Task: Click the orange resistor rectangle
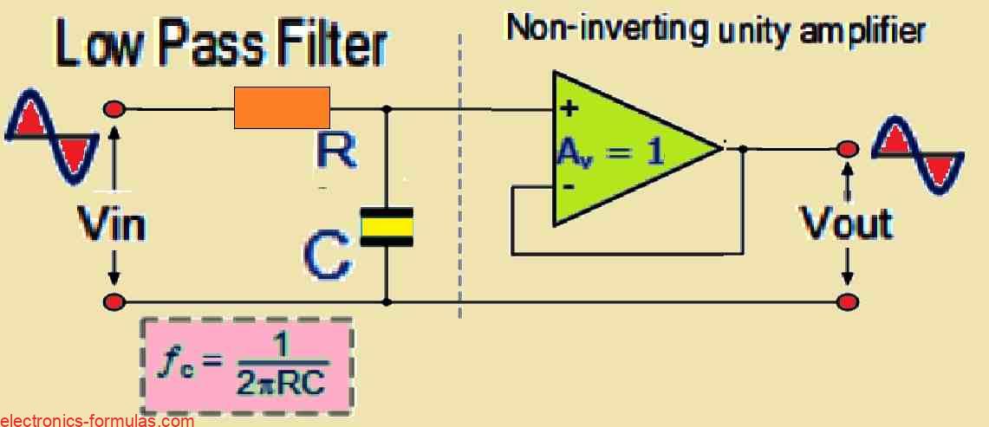[x=282, y=108]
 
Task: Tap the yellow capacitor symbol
[x=387, y=227]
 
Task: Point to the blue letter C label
[x=328, y=256]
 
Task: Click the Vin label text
[x=111, y=225]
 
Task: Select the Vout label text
[x=846, y=223]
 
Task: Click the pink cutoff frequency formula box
[x=246, y=364]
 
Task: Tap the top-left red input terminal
[x=114, y=109]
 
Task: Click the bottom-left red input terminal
[x=114, y=302]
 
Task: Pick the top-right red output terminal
[x=848, y=150]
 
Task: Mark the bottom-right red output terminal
[x=848, y=301]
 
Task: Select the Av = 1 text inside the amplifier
[x=610, y=153]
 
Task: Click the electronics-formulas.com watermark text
[x=97, y=421]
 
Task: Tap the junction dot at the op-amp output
[x=743, y=149]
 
